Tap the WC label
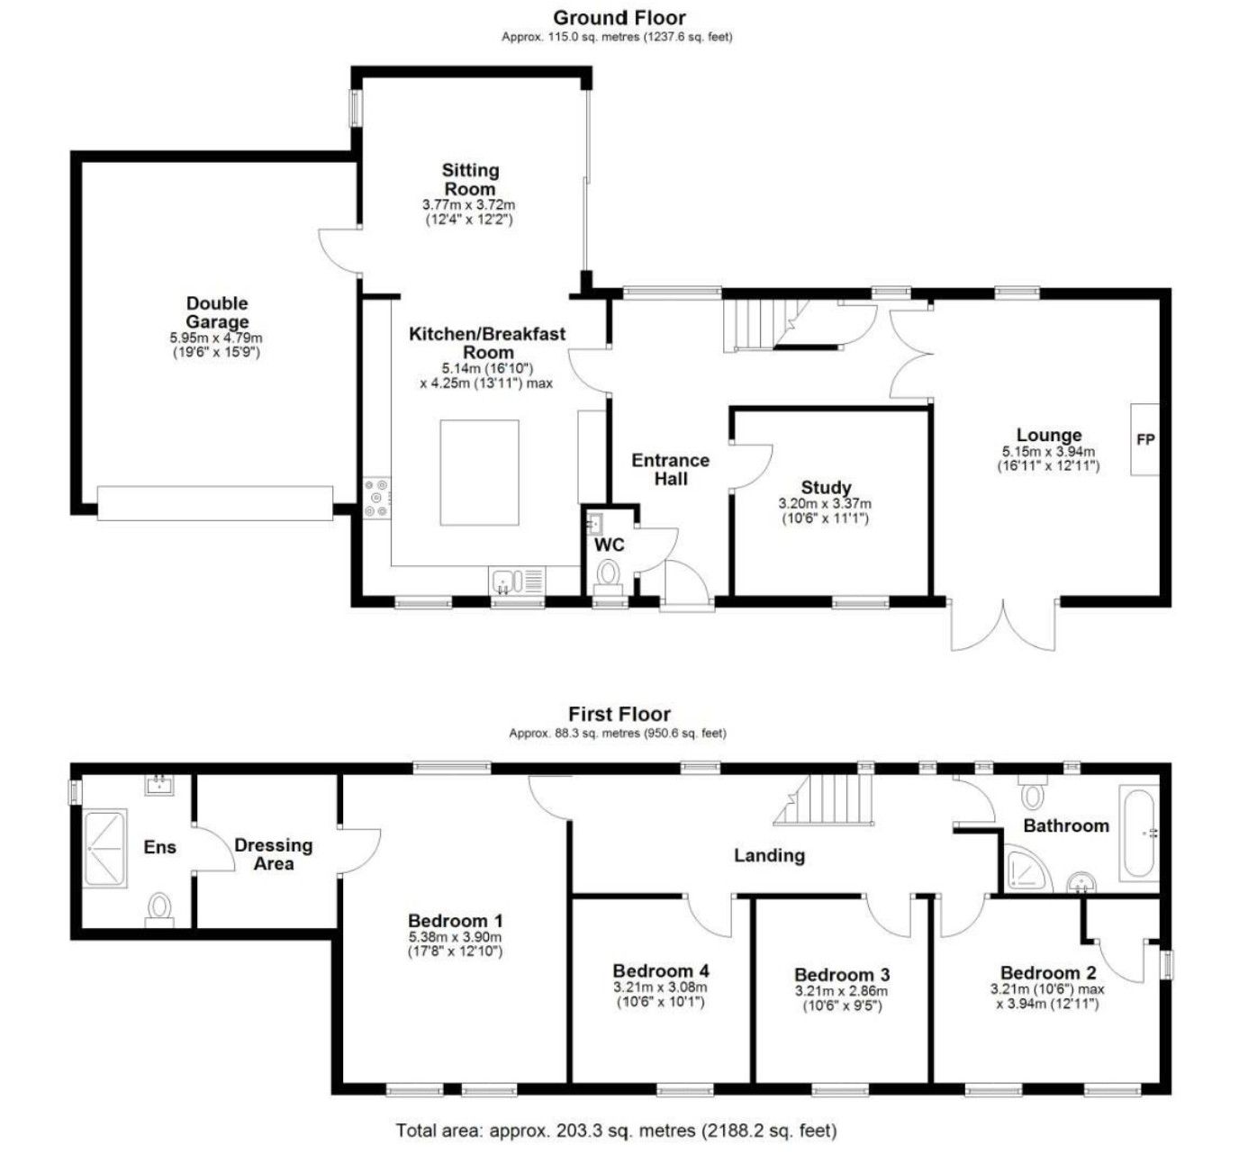609,545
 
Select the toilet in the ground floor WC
608,575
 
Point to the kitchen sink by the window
517,581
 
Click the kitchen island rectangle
479,473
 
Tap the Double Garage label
217,312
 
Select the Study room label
826,487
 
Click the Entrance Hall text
671,469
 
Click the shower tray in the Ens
105,848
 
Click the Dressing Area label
274,854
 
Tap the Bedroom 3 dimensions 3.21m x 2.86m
841,991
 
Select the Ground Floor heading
619,17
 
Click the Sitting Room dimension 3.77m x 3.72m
469,205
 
